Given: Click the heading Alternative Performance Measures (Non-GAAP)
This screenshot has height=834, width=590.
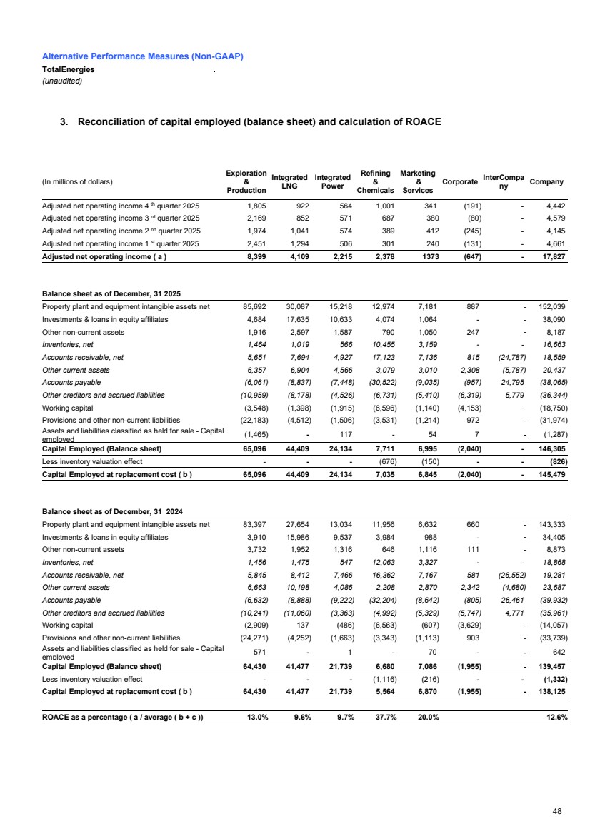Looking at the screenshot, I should (143, 56).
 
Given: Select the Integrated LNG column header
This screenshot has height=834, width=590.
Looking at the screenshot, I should (289, 182).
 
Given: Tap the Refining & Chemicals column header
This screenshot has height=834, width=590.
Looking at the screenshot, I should (375, 181).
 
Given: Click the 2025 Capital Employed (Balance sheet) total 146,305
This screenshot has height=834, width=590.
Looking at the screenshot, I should (551, 449).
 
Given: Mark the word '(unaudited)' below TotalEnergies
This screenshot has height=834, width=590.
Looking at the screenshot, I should (62, 81).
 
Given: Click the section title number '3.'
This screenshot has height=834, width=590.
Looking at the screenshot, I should (64, 121).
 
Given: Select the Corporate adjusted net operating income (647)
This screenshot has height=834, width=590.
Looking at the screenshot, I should (465, 257).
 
